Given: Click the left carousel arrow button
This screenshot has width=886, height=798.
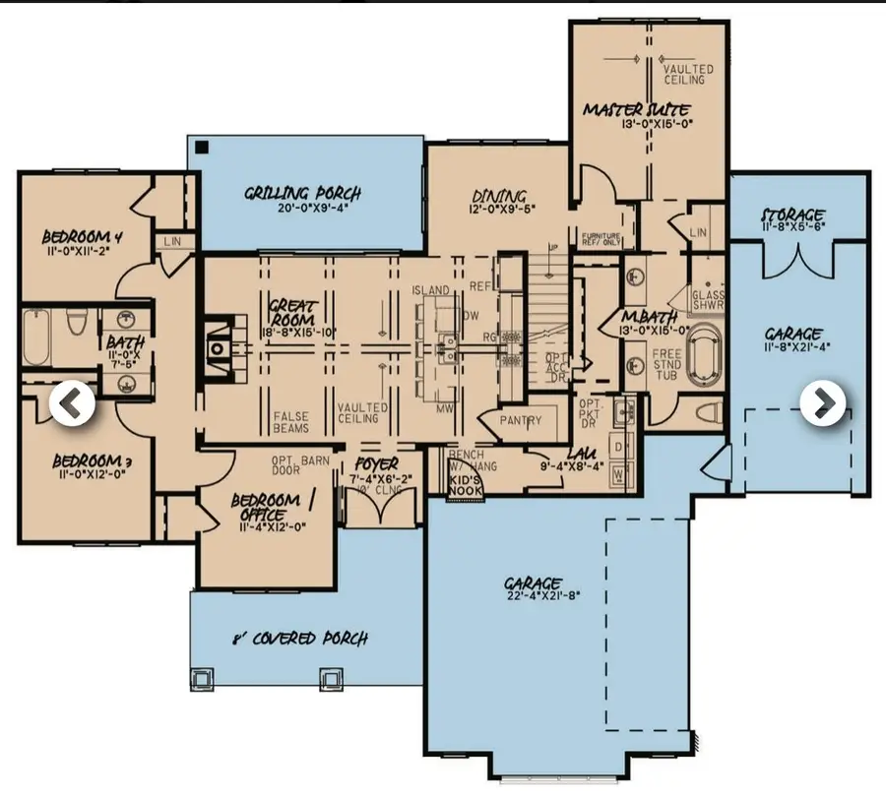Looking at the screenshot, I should [73, 403].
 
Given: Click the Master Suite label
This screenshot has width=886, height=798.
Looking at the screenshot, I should [635, 109].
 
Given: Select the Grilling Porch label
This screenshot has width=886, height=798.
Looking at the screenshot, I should [302, 193].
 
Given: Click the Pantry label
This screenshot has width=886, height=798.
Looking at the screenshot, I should [520, 420].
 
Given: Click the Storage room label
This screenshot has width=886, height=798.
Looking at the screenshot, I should [792, 215].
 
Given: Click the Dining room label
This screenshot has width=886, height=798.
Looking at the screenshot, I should [498, 196].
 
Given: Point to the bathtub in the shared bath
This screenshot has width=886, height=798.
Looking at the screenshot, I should [35, 339].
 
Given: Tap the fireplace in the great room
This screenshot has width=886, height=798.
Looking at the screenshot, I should [217, 346].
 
